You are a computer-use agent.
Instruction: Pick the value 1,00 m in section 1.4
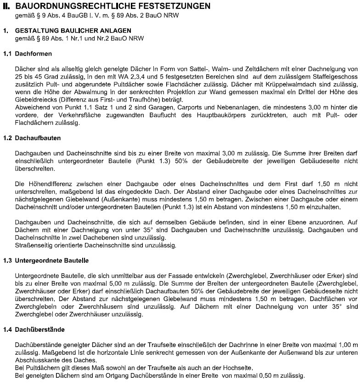pyautogui.click(x=342, y=344)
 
